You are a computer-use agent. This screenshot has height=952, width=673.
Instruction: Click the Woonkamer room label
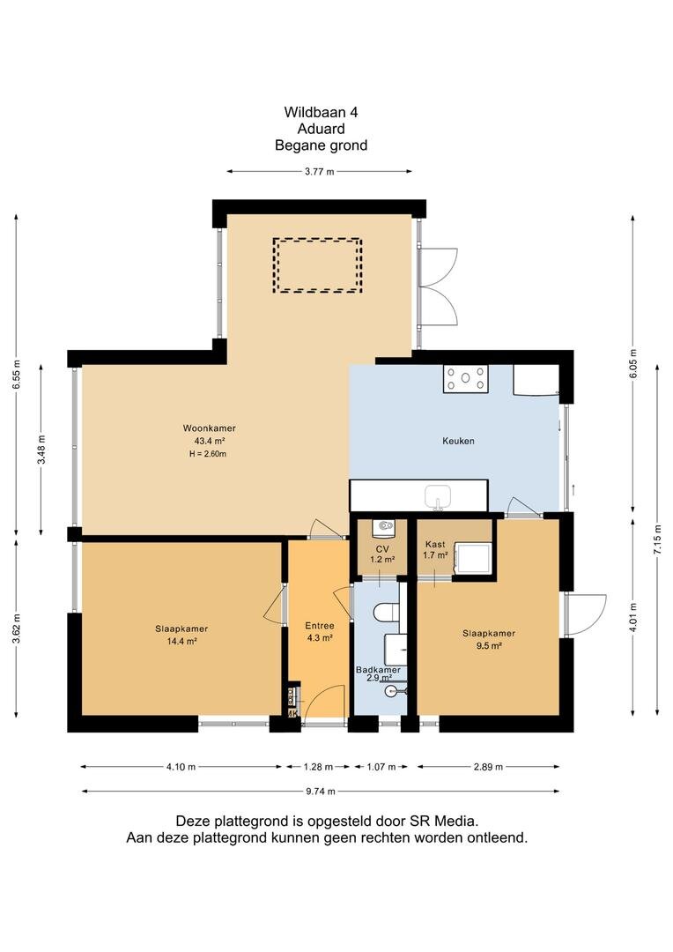tap(210, 428)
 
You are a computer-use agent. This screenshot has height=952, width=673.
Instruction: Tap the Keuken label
tap(458, 441)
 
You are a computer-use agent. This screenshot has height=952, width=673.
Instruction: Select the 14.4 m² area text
tap(182, 641)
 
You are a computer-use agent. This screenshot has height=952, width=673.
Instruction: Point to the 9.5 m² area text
tap(489, 646)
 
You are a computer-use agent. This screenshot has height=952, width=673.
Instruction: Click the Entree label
tap(320, 626)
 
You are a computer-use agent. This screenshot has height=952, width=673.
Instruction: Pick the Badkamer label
tap(378, 670)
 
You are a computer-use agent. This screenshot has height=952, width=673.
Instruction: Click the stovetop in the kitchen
tap(465, 378)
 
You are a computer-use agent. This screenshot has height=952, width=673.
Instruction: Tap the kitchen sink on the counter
tap(438, 495)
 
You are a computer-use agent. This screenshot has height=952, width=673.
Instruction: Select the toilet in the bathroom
tap(387, 612)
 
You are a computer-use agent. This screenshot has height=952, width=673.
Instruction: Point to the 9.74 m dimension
tap(320, 791)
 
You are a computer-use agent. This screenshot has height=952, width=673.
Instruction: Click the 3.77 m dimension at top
tap(319, 172)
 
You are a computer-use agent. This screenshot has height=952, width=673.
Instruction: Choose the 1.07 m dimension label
tap(381, 767)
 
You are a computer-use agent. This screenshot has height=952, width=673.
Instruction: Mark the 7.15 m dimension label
tap(658, 539)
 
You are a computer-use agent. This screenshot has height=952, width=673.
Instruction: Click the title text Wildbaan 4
tap(321, 112)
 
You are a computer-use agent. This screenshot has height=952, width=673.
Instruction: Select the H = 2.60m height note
tap(208, 454)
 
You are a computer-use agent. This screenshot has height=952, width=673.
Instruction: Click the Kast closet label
tap(435, 545)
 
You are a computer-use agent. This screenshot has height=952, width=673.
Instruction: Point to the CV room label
tap(382, 549)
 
